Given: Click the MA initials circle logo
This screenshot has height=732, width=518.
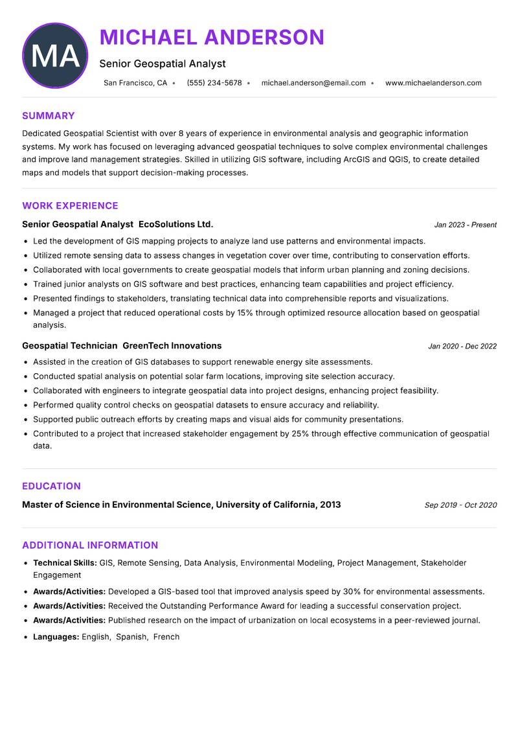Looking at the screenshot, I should pyautogui.click(x=55, y=56).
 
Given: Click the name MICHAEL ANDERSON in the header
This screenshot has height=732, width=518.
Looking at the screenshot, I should pyautogui.click(x=212, y=38).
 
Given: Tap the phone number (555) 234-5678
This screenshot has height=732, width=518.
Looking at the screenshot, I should pyautogui.click(x=214, y=83).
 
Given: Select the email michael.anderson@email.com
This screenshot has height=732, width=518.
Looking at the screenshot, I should pyautogui.click(x=313, y=83).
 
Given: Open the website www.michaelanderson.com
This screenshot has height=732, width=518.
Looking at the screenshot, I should pyautogui.click(x=433, y=83).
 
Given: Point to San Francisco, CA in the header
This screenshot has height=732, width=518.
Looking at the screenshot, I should pyautogui.click(x=135, y=83).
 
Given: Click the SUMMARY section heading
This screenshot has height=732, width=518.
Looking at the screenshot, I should pyautogui.click(x=49, y=116).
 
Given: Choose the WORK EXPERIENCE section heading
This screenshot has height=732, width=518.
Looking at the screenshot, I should pyautogui.click(x=70, y=206).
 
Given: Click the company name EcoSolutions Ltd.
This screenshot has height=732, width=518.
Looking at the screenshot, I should pyautogui.click(x=176, y=224).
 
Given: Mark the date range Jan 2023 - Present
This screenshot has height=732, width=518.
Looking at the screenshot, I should pyautogui.click(x=466, y=225).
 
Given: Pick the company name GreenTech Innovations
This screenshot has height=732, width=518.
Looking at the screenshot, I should pyautogui.click(x=172, y=346).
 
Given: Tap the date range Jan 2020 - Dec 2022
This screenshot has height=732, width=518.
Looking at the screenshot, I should pyautogui.click(x=462, y=347).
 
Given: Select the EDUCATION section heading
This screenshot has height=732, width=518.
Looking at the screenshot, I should pyautogui.click(x=51, y=486).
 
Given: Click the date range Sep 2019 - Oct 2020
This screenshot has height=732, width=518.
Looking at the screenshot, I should pyautogui.click(x=460, y=505).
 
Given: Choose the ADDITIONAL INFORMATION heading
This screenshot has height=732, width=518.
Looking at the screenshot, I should pyautogui.click(x=90, y=545).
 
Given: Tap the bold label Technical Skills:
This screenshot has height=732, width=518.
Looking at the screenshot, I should pyautogui.click(x=65, y=563).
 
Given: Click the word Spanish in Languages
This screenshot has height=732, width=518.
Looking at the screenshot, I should pyautogui.click(x=131, y=637).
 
